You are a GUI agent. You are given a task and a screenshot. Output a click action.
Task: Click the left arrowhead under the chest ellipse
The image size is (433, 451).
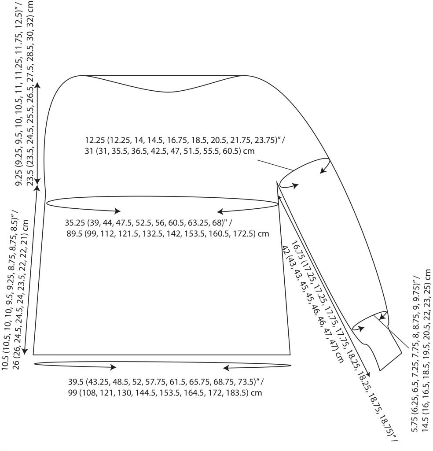(117, 211)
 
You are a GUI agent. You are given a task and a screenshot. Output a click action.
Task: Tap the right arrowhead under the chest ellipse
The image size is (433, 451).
(221, 212)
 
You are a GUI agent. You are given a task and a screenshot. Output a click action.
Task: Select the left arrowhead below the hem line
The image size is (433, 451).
(112, 367)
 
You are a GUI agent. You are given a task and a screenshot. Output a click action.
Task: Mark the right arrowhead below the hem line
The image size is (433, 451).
(227, 368)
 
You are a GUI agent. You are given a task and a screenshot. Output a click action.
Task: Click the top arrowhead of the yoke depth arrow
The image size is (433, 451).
(38, 85)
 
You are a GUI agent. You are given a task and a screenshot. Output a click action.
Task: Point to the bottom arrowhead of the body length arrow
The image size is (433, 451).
(25, 351)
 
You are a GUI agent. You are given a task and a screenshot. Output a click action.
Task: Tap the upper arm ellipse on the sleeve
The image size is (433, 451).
(305, 173)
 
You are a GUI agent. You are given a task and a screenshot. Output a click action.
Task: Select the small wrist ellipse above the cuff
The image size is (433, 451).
(369, 321)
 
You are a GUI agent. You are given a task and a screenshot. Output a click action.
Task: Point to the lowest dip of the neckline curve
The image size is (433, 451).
(169, 92)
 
